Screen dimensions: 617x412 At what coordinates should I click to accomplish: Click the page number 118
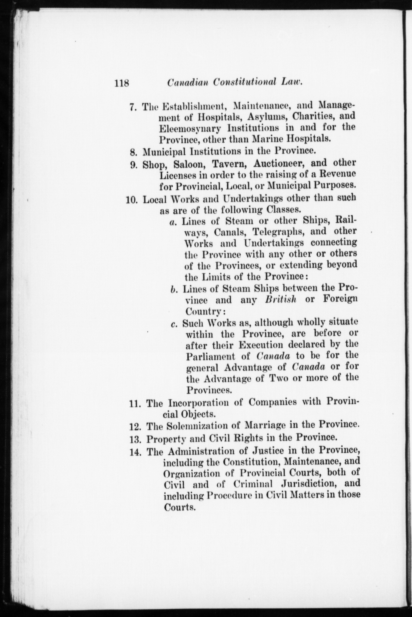(121, 83)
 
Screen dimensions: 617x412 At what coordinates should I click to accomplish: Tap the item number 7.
(132, 107)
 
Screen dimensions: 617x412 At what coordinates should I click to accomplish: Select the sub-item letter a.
(172, 222)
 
